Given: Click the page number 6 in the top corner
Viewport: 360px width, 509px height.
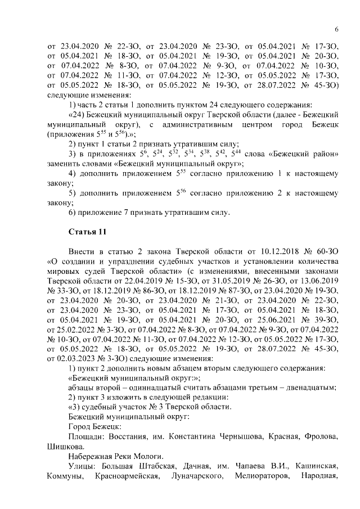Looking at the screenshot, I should tap(336, 30).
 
